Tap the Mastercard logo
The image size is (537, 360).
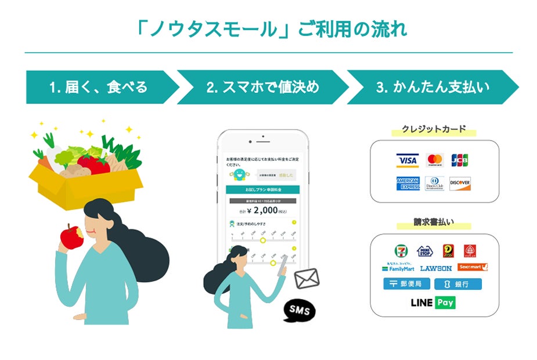434,160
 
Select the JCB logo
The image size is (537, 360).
460,160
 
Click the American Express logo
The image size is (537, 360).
408,184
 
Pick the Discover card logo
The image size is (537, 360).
460,184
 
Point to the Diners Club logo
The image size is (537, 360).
434,184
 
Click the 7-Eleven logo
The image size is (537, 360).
401,251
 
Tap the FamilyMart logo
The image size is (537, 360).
398,269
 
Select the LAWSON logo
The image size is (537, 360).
435,268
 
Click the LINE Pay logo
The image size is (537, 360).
433,303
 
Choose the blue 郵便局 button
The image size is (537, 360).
406,284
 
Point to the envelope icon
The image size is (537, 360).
307,279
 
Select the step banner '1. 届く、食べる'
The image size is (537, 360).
99,88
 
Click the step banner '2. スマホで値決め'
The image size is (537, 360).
262,88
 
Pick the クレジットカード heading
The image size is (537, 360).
434,129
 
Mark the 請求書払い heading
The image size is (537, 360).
434,222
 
